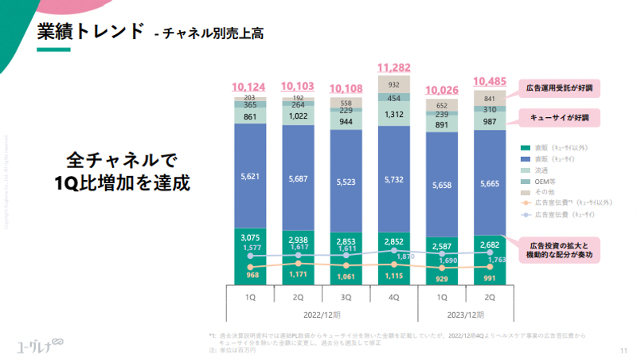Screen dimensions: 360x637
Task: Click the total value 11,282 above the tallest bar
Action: pos(394,67)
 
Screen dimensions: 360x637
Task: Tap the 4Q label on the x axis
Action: pos(394,296)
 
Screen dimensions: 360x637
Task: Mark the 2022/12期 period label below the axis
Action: pos(322,314)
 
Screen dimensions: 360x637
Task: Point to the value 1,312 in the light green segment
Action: pos(394,115)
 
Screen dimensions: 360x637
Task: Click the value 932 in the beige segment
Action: pos(394,84)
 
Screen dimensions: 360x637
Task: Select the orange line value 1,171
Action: pos(298,276)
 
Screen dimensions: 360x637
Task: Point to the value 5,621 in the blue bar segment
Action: pos(250,178)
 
